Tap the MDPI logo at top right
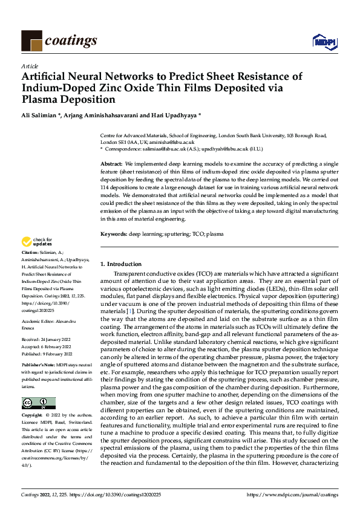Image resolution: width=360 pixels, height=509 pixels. pyautogui.click(x=321, y=41)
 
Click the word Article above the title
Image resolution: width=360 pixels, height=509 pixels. pyautogui.click(x=30, y=66)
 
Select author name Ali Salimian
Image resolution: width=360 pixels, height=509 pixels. pyautogui.click(x=42, y=115)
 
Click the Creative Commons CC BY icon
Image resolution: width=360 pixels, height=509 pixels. pyautogui.click(x=38, y=403)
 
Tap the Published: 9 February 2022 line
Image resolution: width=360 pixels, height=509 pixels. pyautogui.click(x=49, y=355)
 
